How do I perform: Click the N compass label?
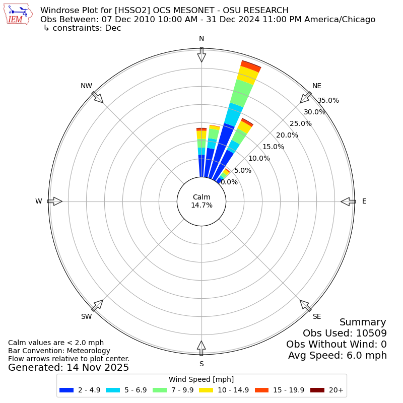point(201,39)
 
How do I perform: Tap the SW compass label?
point(87,316)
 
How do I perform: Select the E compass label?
point(364,201)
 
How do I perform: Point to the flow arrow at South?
point(201,348)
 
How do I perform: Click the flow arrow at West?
point(55,201)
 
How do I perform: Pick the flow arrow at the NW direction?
point(98,97)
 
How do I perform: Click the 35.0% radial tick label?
point(328,100)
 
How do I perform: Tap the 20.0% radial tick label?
point(287,135)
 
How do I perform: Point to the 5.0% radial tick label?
point(243,170)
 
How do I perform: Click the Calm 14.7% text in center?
point(201,201)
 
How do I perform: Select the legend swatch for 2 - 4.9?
point(66,390)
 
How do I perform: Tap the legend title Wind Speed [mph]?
point(201,379)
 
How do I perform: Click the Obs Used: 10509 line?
point(345,333)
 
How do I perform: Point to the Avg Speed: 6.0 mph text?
point(338,356)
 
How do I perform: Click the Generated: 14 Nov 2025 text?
point(69,368)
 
